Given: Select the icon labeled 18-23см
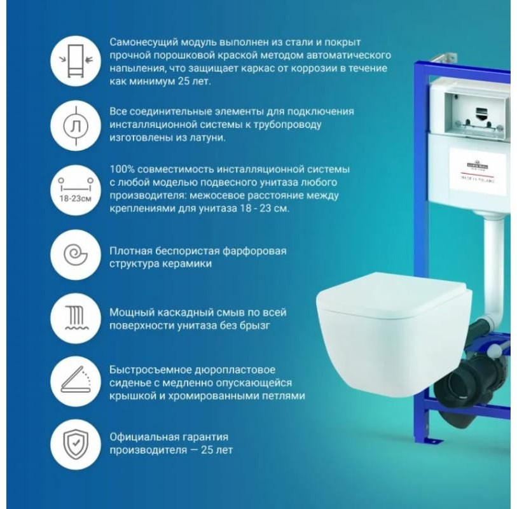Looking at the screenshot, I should tap(75, 188).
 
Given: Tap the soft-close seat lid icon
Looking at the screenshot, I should tap(75, 382).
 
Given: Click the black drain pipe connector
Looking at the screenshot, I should tap(471, 382).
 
